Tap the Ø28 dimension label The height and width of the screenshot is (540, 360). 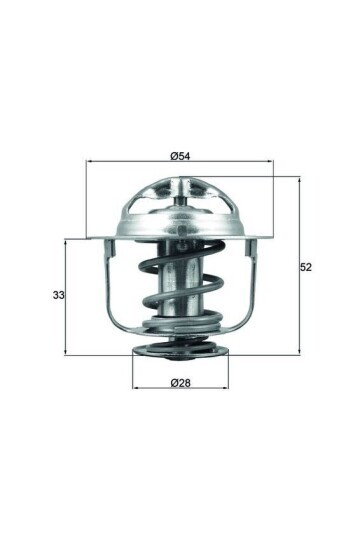180,382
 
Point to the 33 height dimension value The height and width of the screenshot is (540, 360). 57,295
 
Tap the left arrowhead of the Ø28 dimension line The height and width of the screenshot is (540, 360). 136,388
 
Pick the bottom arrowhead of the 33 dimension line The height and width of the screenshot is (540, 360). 66,352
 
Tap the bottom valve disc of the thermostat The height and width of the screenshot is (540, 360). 180,350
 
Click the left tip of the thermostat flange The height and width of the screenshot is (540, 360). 90,237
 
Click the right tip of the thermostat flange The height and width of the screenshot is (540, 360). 271,237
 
